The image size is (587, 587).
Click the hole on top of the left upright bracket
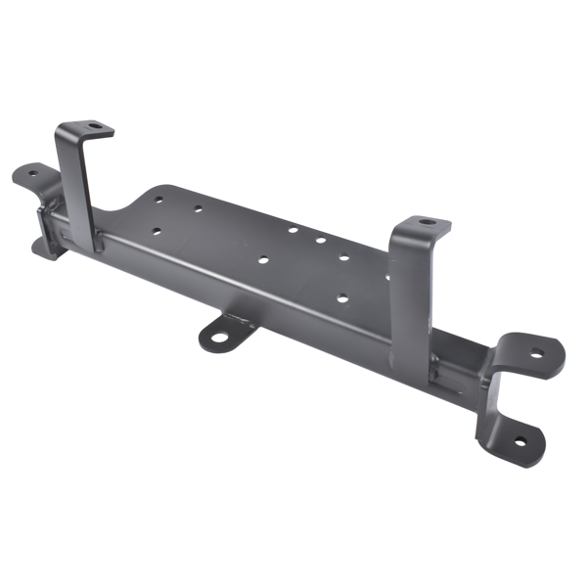point(95,126)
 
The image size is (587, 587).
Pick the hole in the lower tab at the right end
point(518,441)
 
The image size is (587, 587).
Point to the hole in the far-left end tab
point(29,175)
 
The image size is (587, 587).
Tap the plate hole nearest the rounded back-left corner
point(158,199)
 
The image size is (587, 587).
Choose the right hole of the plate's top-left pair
point(198,208)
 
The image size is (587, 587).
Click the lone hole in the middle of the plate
point(263,260)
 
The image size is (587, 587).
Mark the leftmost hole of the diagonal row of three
point(293,231)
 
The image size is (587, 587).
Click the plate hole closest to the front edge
point(341,297)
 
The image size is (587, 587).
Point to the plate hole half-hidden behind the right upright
point(388,277)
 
